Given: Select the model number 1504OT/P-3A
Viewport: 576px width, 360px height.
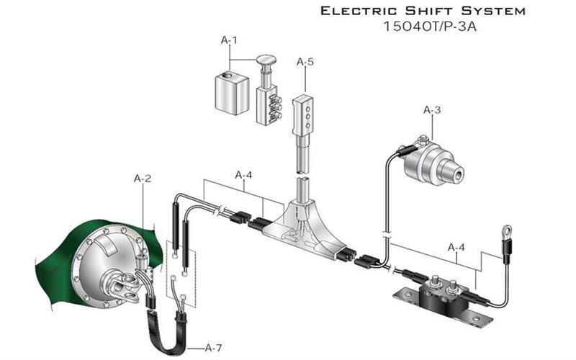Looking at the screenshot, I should tap(431, 29).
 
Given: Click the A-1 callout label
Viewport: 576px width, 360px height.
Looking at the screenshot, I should tap(228, 42).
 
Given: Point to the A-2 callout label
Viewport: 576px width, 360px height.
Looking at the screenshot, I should tap(143, 177).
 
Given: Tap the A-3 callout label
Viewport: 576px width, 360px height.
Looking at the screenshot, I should tap(431, 110).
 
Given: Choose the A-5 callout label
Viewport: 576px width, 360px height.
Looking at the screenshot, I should tap(305, 62).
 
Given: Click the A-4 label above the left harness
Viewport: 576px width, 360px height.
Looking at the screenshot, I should tap(244, 175).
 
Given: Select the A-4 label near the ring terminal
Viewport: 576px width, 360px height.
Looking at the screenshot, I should tap(456, 247).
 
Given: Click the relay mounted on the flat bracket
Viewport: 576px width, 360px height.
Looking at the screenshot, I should tap(441, 292).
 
